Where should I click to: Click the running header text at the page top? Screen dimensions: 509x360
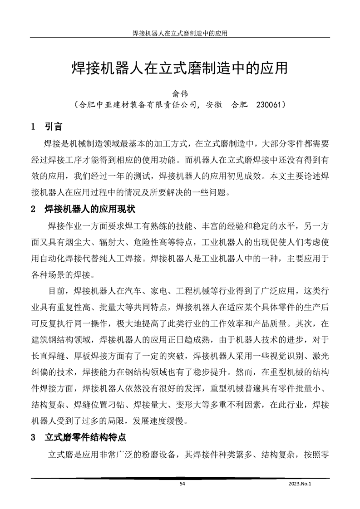180,33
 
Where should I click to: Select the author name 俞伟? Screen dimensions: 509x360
180,93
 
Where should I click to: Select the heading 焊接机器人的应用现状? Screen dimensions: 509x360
89,210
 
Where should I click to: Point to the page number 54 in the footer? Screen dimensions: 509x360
183,484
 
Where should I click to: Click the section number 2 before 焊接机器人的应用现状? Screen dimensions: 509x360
33,210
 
